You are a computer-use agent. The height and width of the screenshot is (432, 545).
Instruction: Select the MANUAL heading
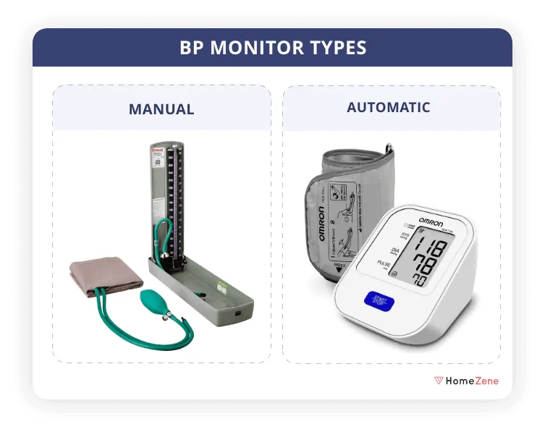pyautogui.click(x=161, y=110)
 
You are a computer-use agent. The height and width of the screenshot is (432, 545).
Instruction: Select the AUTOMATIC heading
pyautogui.click(x=388, y=108)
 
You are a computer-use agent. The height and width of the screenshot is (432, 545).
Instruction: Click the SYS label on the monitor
pyautogui.click(x=396, y=235)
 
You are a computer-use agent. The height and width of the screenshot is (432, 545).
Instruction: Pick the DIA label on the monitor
pyautogui.click(x=396, y=251)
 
